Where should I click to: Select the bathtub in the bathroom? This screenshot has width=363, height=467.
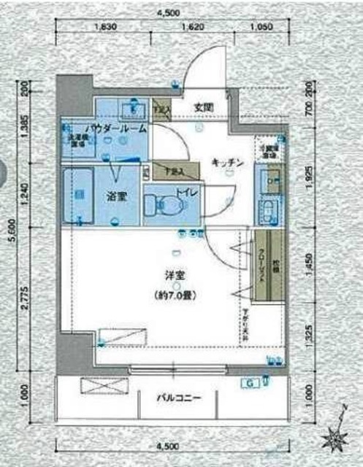[x=77, y=196]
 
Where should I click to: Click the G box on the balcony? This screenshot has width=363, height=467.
[x=248, y=383]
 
